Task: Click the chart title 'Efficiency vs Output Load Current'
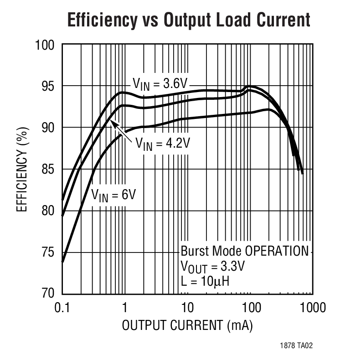point(189,21)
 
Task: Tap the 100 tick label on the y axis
point(45,45)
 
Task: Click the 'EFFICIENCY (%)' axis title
point(21,170)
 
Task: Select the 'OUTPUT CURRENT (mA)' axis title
point(187,326)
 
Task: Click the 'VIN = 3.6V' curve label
point(160,83)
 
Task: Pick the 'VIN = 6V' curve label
point(113,194)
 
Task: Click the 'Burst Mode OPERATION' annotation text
point(245,251)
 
